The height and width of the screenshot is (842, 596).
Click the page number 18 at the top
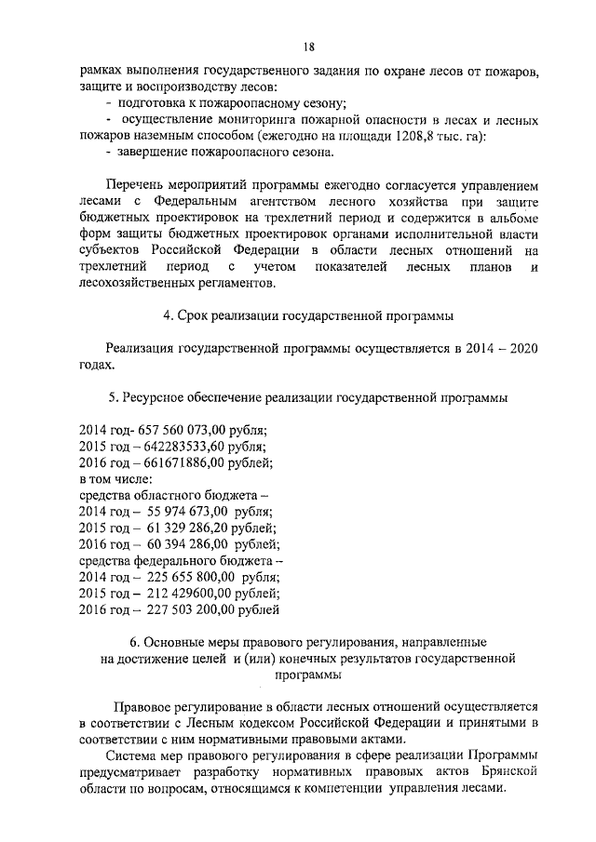[x=307, y=47]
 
